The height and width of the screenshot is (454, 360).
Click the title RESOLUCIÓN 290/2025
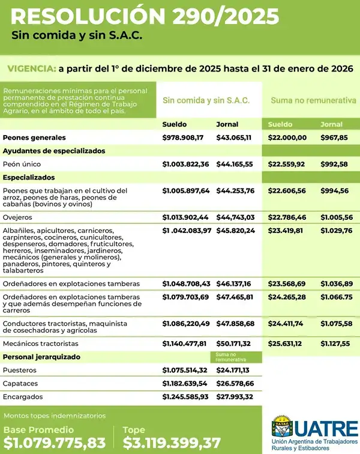[145, 16]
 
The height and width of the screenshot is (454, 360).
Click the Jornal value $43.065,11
[233, 138]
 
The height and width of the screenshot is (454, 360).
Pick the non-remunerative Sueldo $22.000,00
[287, 138]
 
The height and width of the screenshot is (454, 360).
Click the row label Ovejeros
[17, 217]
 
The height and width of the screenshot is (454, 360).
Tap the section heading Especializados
[29, 178]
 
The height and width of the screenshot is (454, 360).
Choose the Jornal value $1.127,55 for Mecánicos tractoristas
[335, 344]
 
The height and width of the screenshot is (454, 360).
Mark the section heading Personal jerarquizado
[41, 357]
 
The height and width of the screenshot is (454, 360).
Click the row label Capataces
[20, 383]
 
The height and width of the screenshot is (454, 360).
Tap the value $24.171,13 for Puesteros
[234, 370]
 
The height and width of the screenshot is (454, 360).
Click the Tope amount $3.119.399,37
[172, 443]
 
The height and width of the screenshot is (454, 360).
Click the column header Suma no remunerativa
[313, 100]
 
